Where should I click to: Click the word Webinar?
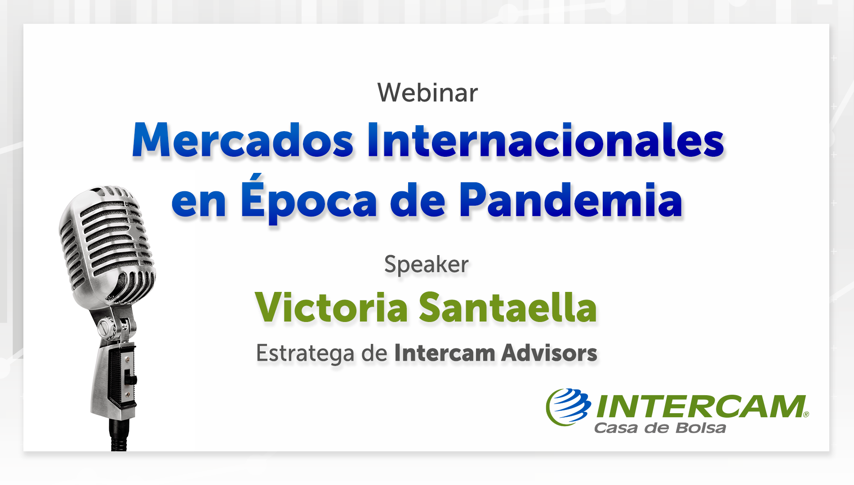pos(427,93)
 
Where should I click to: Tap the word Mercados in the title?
pos(243,140)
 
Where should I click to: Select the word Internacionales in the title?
pos(546,140)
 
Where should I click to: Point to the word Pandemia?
pos(571,200)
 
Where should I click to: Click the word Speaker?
pos(427,264)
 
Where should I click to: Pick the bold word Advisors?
pos(550,353)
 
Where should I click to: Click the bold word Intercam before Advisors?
pos(445,353)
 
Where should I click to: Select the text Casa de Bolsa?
pos(660,428)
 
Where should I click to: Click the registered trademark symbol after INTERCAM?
pos(806,414)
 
